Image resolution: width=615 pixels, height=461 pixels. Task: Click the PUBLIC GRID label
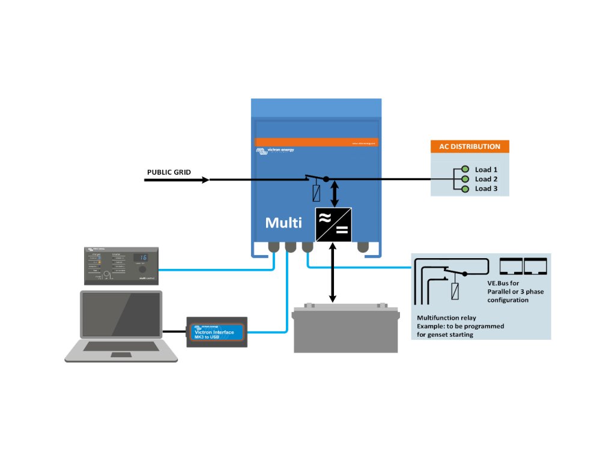(169, 172)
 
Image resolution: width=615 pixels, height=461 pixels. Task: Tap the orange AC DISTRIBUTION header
(470, 146)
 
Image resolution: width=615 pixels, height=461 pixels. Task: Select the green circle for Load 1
(465, 169)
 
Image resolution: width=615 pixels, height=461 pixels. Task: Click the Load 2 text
(486, 179)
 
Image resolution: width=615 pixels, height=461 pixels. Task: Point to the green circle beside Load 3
(465, 188)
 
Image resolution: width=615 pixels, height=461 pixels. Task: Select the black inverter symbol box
(333, 224)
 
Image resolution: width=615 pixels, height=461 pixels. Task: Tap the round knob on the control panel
(142, 270)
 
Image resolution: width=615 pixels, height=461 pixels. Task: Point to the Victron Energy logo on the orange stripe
(276, 150)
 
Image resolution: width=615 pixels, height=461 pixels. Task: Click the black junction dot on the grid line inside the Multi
(326, 179)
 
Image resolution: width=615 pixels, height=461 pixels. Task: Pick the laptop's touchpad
(121, 354)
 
